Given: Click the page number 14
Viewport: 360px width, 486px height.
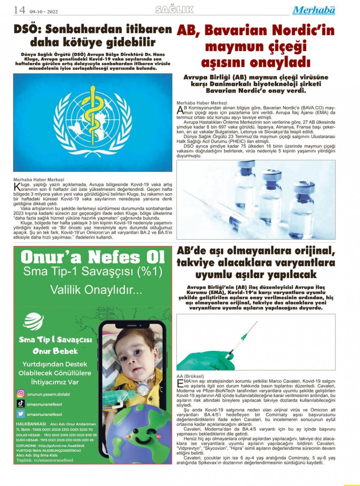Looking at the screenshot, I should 19,10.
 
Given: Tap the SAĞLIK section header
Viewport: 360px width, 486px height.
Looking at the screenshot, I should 174,10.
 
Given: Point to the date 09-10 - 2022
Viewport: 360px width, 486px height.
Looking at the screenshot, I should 44,12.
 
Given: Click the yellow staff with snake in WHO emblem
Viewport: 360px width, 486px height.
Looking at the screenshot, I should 92,116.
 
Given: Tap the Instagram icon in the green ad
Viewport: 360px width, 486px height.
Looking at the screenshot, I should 21,394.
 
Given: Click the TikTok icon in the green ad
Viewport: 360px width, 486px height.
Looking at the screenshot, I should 21,404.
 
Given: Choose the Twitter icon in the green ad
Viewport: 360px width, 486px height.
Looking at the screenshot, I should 21,414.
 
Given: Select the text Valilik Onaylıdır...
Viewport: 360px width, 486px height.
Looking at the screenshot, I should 92,290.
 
